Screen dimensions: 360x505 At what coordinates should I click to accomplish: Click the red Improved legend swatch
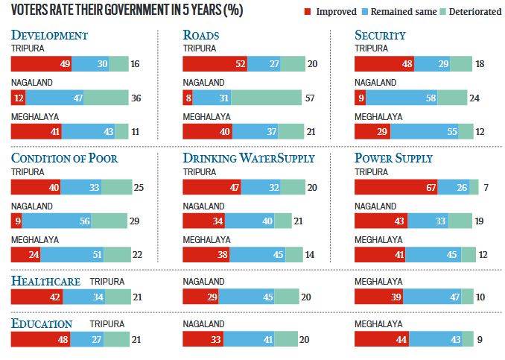pos(308,13)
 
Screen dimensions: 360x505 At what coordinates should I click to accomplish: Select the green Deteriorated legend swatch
pos(435,13)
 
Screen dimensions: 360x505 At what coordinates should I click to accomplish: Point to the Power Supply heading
pos(393,158)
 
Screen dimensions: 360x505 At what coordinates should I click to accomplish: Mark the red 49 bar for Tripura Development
pos(41,63)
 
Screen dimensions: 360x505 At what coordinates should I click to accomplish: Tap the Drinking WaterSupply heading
pos(249,158)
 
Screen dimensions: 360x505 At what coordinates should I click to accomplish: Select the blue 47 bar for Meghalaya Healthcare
pos(433,297)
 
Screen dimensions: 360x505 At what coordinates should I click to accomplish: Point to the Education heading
pos(42,323)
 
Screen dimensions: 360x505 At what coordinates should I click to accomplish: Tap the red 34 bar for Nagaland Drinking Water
pos(204,220)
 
